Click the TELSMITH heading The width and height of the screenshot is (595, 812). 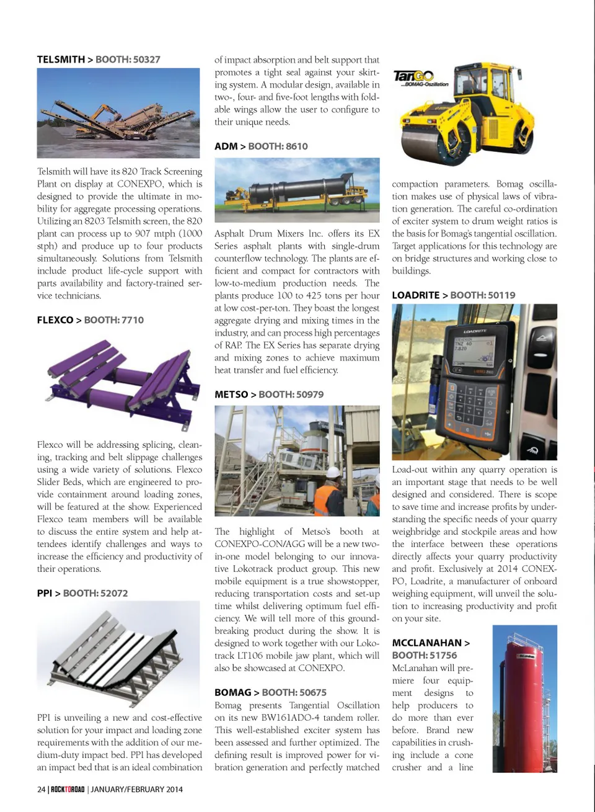pos(61,60)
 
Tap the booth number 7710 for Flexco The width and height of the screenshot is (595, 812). pos(132,320)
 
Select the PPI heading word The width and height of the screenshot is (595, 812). pos(45,593)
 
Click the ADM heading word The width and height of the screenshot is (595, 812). pos(226,146)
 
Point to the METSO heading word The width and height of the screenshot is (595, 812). pos(231,395)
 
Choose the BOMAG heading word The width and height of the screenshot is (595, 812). pos(232,692)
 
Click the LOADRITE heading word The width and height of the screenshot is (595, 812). pos(415,295)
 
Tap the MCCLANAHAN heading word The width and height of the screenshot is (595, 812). pos(426,643)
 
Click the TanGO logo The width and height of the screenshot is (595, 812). pos(414,76)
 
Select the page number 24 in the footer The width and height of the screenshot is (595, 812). pos(42,789)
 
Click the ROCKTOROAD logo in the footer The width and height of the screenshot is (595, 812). pos(67,789)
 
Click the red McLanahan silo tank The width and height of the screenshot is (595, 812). pos(524,701)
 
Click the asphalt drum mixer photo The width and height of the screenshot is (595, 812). pos(296,190)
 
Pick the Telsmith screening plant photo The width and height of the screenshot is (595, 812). pos(118,113)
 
